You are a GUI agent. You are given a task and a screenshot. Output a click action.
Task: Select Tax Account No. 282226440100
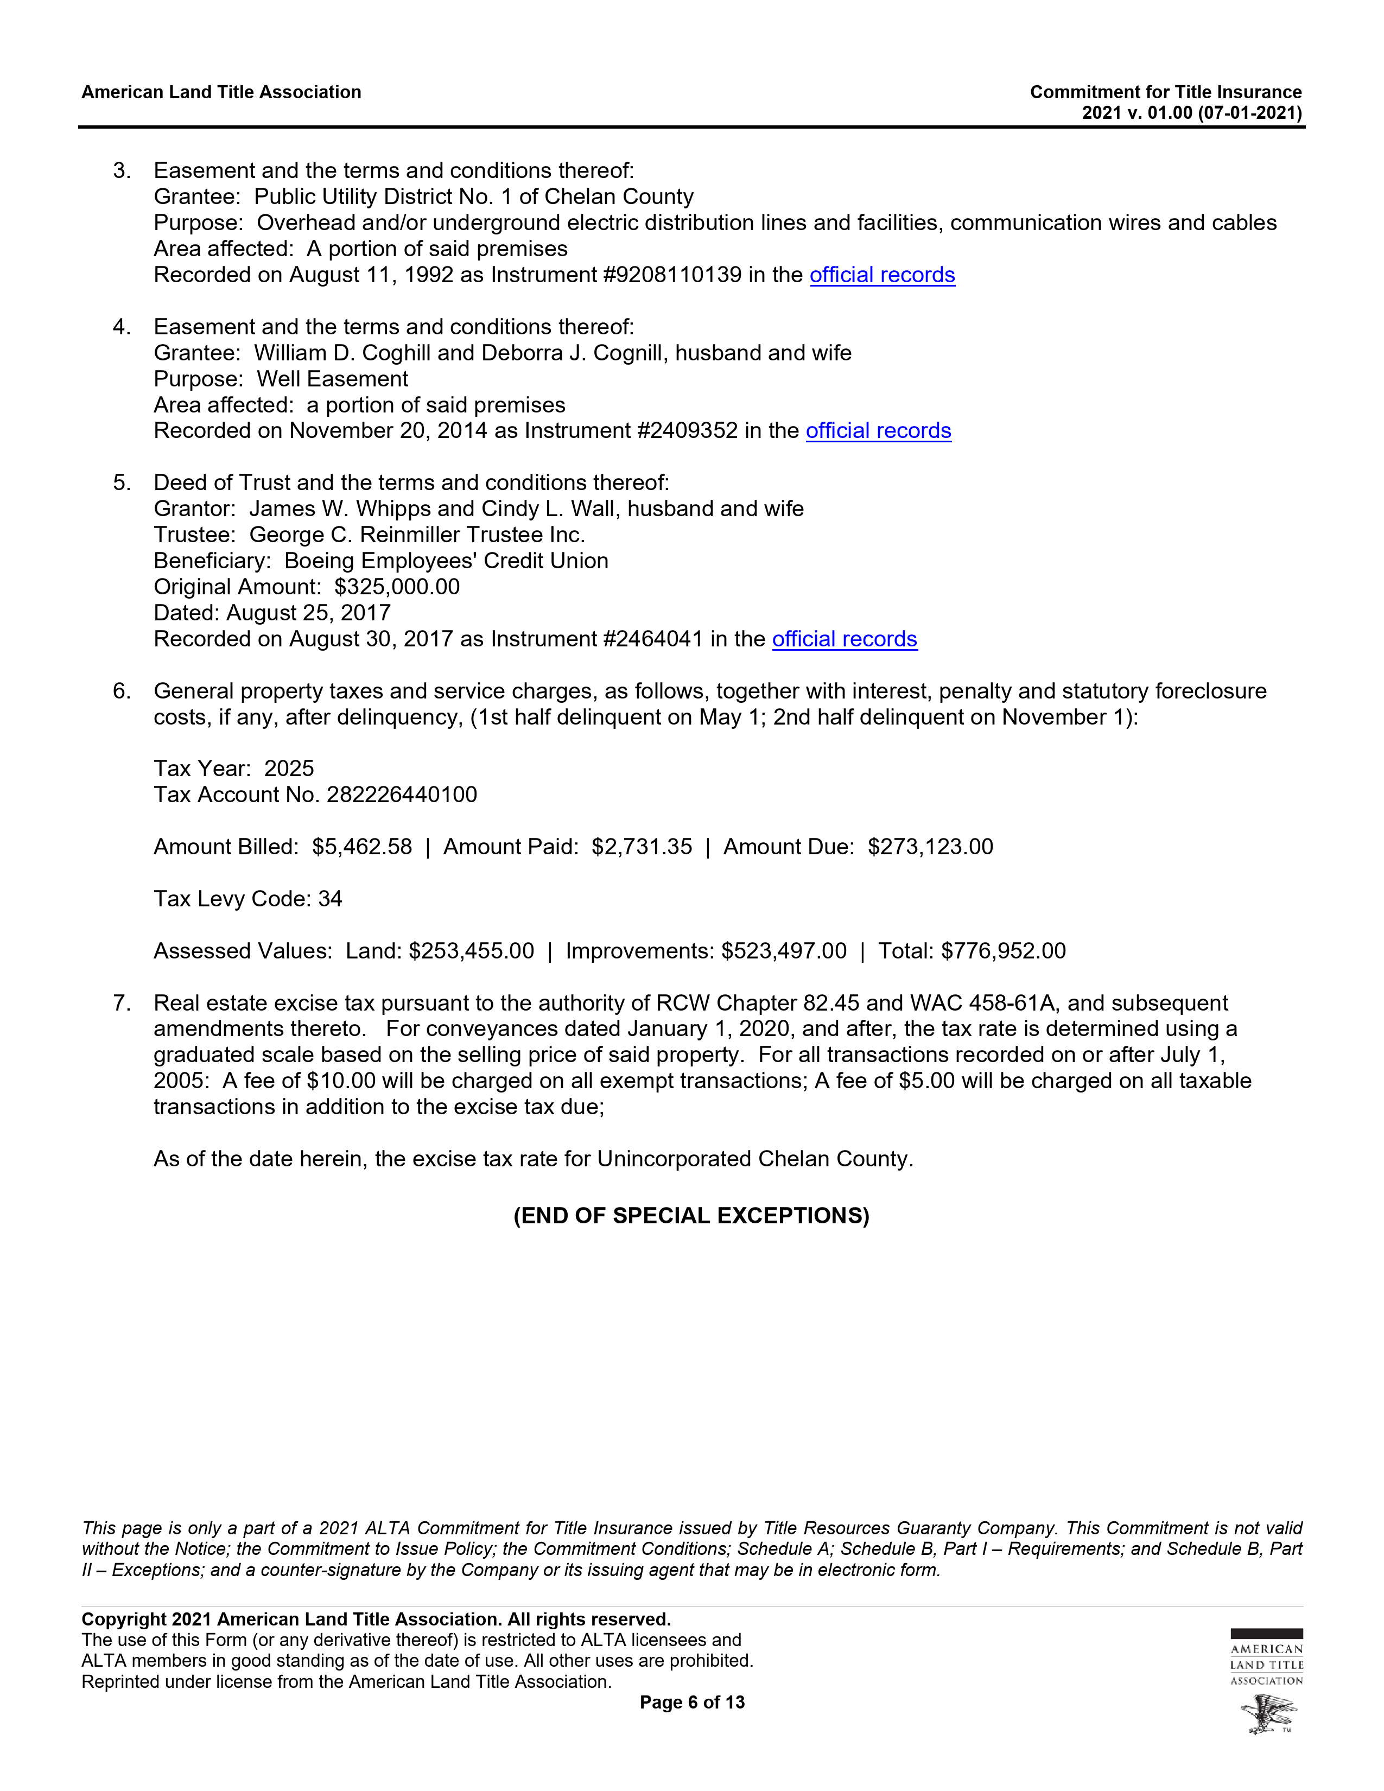pos(402,795)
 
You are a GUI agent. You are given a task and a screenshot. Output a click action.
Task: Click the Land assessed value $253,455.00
pos(472,951)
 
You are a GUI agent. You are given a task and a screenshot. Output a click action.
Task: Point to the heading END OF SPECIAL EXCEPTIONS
pos(691,1215)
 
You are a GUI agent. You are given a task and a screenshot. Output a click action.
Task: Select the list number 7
pos(122,1003)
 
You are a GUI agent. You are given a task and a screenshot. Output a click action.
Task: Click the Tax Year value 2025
pos(289,769)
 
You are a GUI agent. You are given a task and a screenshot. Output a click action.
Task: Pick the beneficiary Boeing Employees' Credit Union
pos(446,561)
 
